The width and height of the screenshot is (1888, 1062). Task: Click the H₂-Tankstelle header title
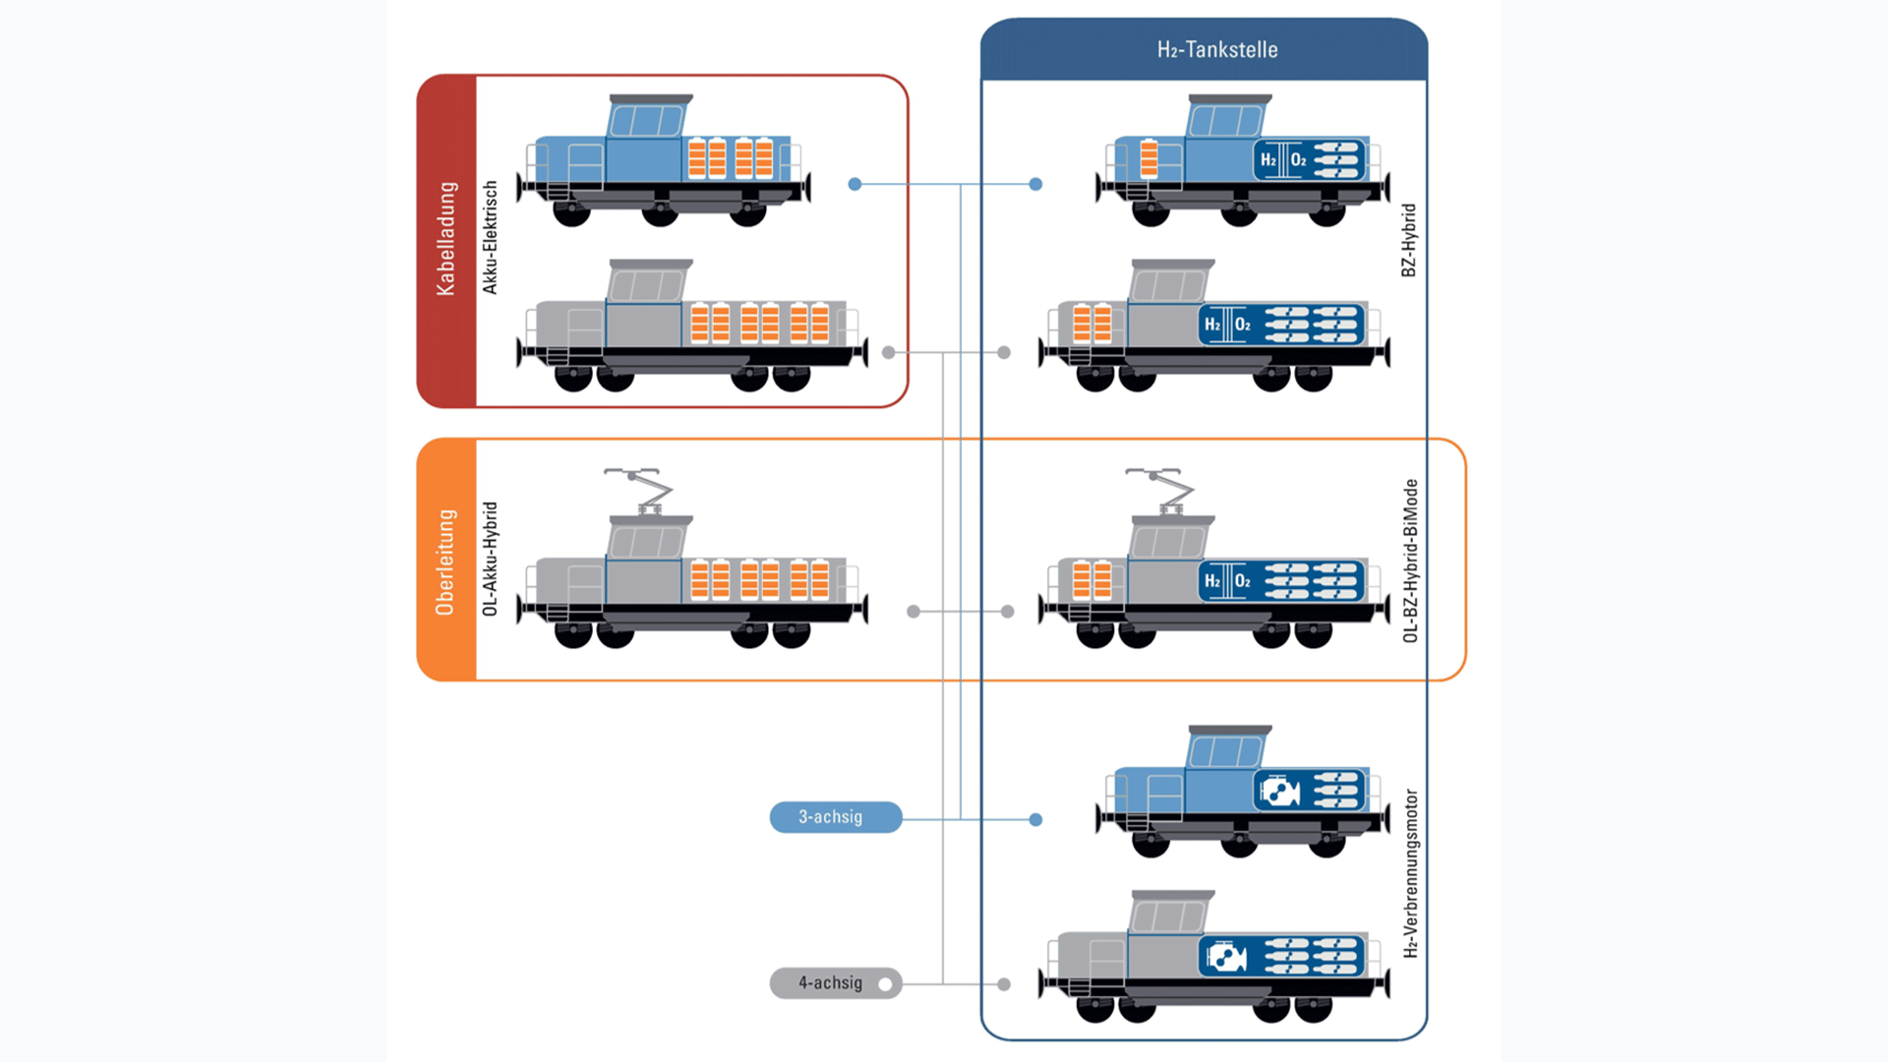click(x=1216, y=50)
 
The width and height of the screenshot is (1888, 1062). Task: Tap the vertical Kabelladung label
click(x=446, y=239)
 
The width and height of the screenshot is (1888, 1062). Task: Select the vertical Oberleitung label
click(x=446, y=561)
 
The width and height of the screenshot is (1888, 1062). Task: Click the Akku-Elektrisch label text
click(x=490, y=237)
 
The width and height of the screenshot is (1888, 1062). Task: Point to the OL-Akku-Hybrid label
click(x=490, y=559)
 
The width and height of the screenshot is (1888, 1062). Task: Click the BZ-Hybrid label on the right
click(x=1408, y=240)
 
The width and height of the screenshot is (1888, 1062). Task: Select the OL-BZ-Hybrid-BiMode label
click(x=1410, y=560)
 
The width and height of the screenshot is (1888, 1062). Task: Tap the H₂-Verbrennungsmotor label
click(x=1410, y=873)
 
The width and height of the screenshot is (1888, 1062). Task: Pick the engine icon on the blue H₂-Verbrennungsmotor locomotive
click(x=1279, y=791)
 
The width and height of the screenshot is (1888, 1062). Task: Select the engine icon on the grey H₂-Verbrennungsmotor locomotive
click(x=1225, y=956)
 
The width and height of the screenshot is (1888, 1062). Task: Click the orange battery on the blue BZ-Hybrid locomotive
click(x=1149, y=159)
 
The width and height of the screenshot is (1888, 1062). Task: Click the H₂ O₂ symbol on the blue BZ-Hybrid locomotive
click(x=1283, y=160)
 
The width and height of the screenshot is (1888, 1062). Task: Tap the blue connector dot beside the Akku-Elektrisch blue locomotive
click(x=855, y=184)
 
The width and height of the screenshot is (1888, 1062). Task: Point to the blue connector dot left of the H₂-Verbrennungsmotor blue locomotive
click(x=1035, y=819)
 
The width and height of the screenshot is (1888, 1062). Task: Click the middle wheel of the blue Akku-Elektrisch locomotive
click(x=660, y=212)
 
